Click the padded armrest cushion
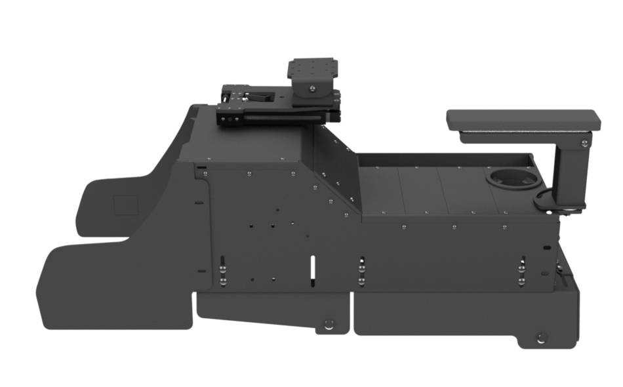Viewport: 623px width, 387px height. click(523, 119)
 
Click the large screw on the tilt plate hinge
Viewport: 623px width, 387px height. click(313, 86)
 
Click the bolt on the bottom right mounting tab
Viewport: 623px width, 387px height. click(540, 338)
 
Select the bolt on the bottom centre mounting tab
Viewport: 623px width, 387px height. click(329, 324)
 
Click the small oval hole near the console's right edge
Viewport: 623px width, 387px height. click(544, 247)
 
